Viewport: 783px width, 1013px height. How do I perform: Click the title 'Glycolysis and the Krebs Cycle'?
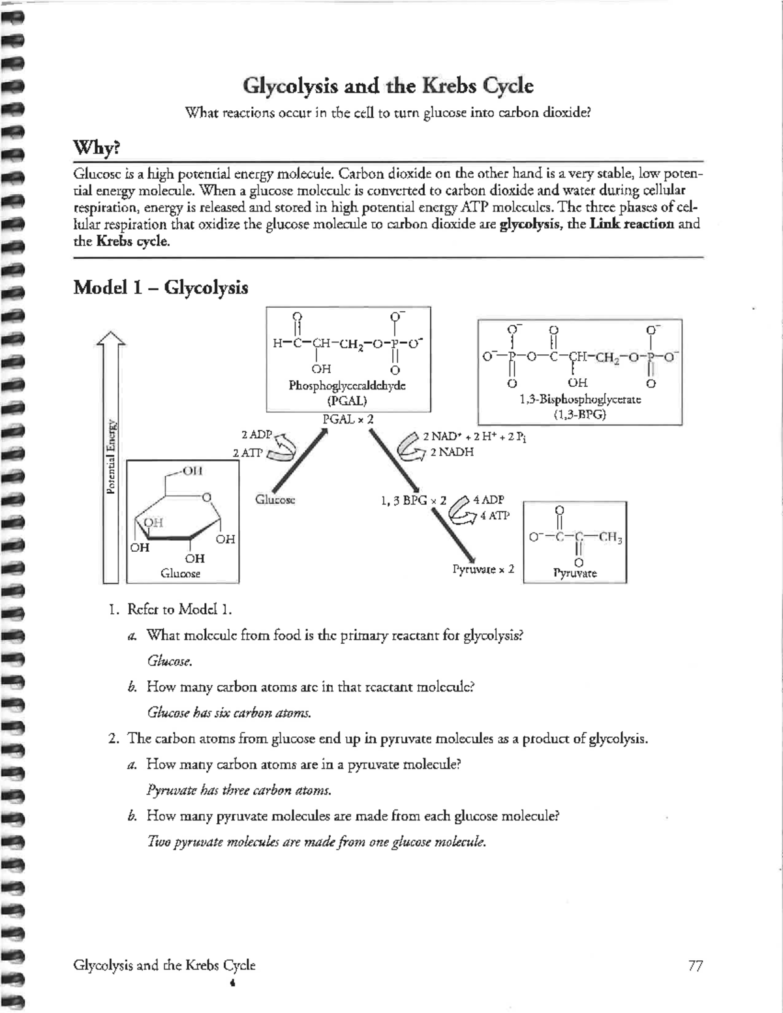tap(388, 86)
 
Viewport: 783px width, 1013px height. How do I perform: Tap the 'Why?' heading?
tap(97, 148)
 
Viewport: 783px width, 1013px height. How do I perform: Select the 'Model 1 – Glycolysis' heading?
tap(161, 288)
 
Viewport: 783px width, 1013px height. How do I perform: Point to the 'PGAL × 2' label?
tap(348, 419)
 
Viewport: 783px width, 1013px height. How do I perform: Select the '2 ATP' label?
tap(248, 452)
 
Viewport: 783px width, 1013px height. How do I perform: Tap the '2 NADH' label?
tap(452, 452)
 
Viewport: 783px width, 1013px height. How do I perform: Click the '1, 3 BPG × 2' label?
tap(413, 501)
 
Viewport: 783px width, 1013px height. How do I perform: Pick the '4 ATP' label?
tap(495, 515)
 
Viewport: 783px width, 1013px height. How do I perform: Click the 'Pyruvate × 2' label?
tap(484, 569)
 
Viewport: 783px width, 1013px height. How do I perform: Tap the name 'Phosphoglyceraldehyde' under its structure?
tap(347, 386)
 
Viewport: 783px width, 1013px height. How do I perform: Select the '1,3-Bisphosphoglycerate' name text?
tap(580, 399)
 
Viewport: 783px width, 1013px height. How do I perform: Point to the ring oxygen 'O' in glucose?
tap(206, 498)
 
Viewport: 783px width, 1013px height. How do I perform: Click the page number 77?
tap(695, 965)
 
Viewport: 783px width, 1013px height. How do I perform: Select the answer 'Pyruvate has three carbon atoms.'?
tap(239, 791)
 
